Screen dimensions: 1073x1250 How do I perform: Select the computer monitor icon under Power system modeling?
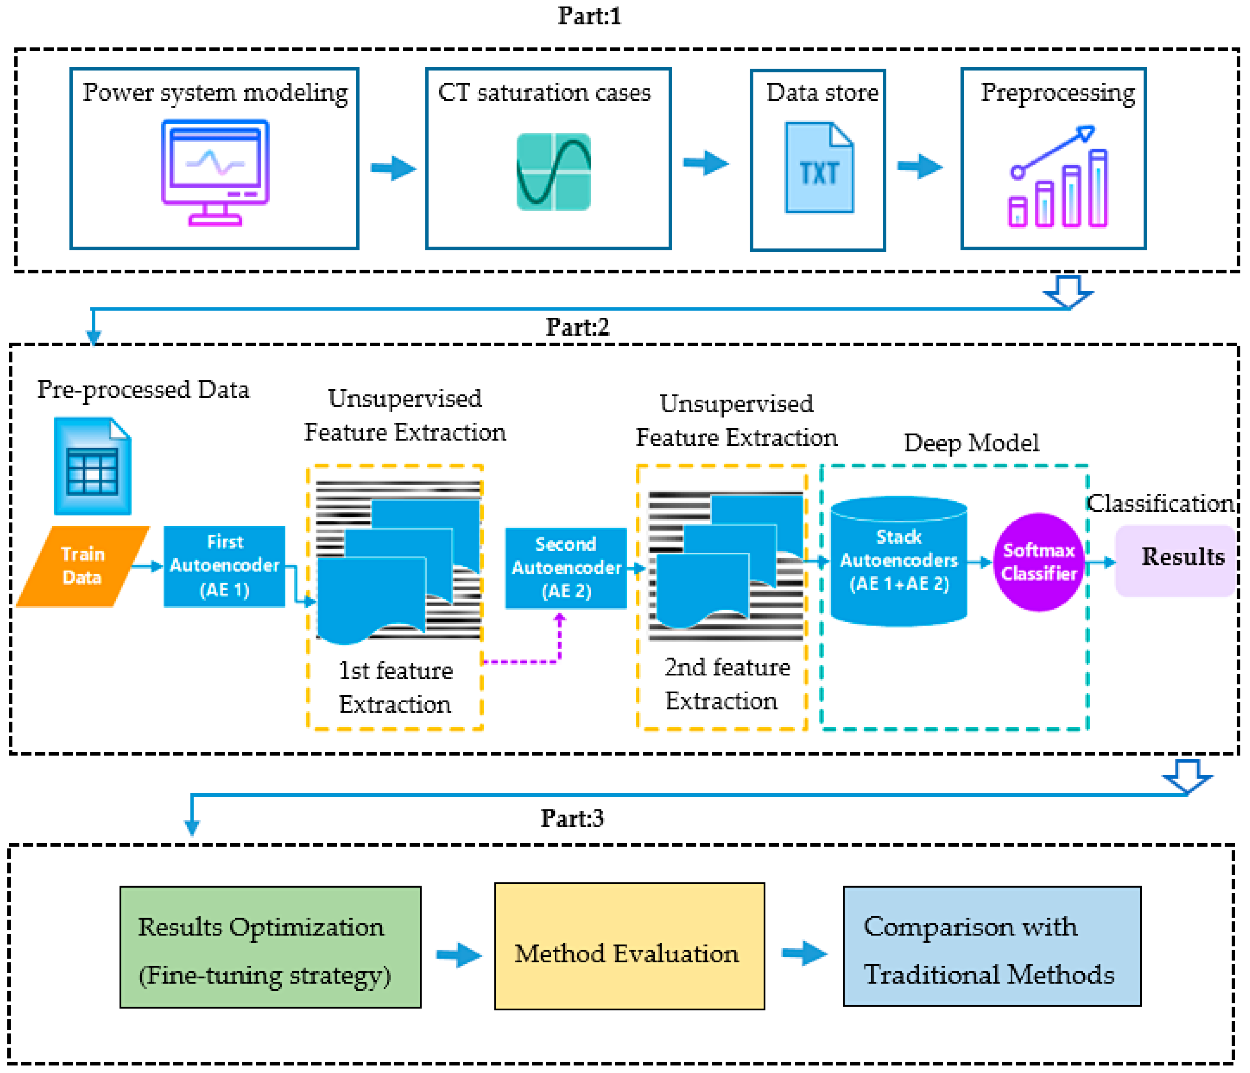point(215,172)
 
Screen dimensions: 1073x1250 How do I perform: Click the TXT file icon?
point(819,168)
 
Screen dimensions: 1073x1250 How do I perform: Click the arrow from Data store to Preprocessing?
point(920,166)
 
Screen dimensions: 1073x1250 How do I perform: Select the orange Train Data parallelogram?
point(83,566)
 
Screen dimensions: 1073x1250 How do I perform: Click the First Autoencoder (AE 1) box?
point(225,566)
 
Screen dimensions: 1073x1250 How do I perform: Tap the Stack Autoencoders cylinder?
point(899,561)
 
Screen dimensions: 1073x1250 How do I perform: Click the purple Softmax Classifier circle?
point(1038,562)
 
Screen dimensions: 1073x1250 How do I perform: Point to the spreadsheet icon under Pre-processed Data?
point(92,466)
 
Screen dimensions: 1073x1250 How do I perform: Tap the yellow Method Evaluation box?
point(629,946)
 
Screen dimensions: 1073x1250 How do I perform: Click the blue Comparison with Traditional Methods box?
point(992,946)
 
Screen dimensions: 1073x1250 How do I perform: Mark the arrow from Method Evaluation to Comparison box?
point(804,954)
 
